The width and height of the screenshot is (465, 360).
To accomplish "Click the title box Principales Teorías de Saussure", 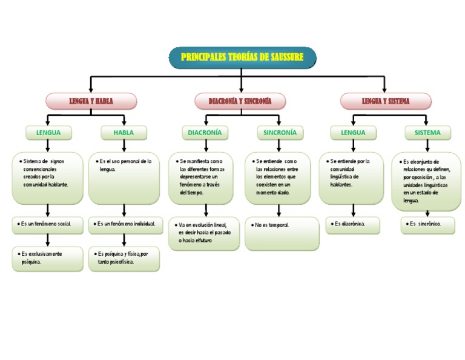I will pos(242,57).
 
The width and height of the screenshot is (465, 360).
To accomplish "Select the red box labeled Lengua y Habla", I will pos(91,101).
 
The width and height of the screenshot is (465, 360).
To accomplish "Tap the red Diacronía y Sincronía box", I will pos(240,101).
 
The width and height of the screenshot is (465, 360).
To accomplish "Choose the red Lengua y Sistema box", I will pos(386,101).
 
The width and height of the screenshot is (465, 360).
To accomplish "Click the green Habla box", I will pos(124,132).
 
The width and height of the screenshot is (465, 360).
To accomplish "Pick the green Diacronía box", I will pos(205,132).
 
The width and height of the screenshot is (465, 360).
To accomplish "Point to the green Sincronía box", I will pos(280,132).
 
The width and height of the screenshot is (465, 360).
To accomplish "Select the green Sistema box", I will pos(427,132).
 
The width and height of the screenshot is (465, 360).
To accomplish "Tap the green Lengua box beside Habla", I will pos(48,132).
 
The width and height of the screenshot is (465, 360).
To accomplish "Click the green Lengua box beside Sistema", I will pos(353,132).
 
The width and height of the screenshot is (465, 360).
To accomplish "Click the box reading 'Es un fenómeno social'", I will pos(48,224).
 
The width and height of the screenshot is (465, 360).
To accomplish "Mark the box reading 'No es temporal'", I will pos(282,233).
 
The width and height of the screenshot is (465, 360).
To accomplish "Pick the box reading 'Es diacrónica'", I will pos(353,224).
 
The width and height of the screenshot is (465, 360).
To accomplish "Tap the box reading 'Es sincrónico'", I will pos(427,225).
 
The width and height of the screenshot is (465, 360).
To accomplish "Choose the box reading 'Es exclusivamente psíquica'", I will pos(48,258).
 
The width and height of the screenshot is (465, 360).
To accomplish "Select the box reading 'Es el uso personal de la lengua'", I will pos(124,178).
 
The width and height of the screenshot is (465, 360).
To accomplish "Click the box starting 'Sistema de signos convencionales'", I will pos(48,178).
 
